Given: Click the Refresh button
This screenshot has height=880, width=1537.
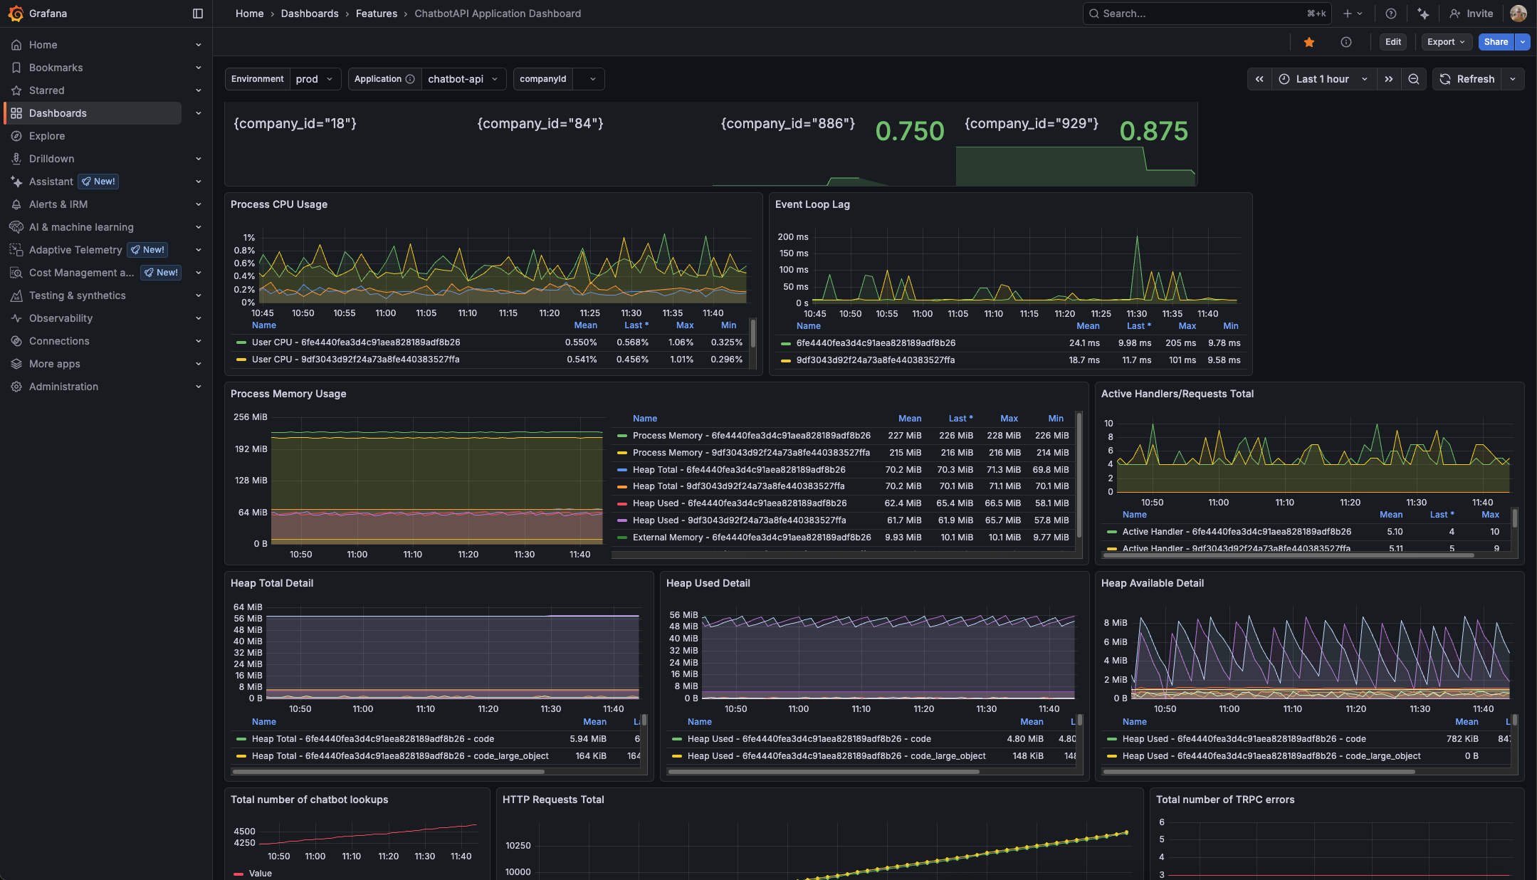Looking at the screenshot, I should pyautogui.click(x=1467, y=79).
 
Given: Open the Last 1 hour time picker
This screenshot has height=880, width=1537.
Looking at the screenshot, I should pyautogui.click(x=1322, y=79).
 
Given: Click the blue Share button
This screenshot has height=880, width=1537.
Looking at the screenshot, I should pyautogui.click(x=1496, y=42).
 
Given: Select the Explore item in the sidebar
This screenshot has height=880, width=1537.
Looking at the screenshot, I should pyautogui.click(x=47, y=136).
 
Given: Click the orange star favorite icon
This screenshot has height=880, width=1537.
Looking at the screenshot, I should pyautogui.click(x=1308, y=42).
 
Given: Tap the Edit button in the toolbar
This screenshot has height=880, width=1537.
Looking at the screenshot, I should pyautogui.click(x=1392, y=42).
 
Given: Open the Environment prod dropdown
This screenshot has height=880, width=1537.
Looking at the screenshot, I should pyautogui.click(x=314, y=79).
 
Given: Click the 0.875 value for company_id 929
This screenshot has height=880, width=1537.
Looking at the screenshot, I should pyautogui.click(x=1153, y=131).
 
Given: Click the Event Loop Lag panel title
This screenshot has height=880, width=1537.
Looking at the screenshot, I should pyautogui.click(x=812, y=204).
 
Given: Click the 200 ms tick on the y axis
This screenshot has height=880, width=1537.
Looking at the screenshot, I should pyautogui.click(x=792, y=237).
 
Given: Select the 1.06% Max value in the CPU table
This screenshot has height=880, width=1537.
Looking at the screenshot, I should pyautogui.click(x=681, y=342).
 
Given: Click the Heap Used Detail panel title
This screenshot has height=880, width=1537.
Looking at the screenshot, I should pyautogui.click(x=708, y=583).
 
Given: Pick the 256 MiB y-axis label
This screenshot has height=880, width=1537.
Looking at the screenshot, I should pyautogui.click(x=251, y=417).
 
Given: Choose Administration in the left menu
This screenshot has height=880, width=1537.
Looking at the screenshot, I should pyautogui.click(x=63, y=387).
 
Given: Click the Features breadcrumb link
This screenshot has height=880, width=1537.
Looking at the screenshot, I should pyautogui.click(x=377, y=14).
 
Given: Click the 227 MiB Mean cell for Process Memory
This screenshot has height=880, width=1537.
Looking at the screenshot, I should pyautogui.click(x=904, y=436).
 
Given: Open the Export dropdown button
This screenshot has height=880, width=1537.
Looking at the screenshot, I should pyautogui.click(x=1445, y=42).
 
